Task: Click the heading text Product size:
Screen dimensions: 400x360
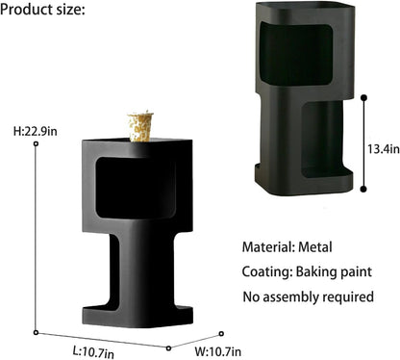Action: click(42, 10)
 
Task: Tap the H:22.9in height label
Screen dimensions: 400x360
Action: click(36, 131)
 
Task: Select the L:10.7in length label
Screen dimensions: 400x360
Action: click(93, 352)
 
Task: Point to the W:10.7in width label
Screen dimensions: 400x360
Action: click(218, 352)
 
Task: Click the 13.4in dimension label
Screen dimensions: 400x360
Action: click(384, 149)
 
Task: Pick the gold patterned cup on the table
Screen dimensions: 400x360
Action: click(140, 126)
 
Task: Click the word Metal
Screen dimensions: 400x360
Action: click(315, 247)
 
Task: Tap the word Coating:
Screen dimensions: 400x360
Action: click(267, 271)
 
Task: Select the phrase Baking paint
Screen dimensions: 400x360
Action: click(334, 271)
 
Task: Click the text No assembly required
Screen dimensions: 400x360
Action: click(309, 296)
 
